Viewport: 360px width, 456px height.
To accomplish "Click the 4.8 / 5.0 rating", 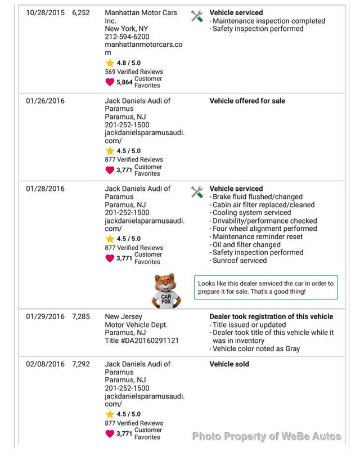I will tap(129, 63).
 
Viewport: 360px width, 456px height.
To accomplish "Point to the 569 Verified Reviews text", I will tap(134, 72).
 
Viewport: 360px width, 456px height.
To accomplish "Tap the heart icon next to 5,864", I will tap(110, 82).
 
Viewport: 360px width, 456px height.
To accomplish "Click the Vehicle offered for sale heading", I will tap(247, 101).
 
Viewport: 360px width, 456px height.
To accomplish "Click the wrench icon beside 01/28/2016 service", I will tap(196, 191).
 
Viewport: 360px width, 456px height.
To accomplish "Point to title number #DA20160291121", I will tap(142, 341).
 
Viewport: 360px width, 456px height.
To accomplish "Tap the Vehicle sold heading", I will tap(229, 364).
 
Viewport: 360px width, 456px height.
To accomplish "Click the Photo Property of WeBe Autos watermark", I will tap(267, 436).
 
